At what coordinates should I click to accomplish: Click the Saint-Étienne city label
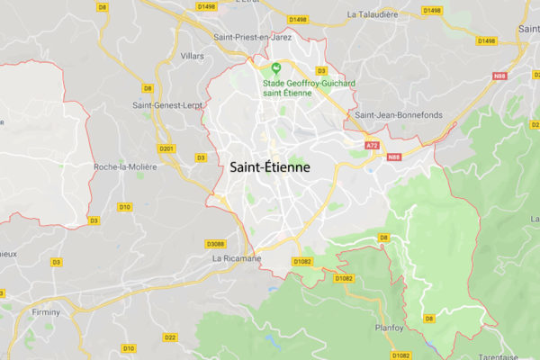pos(270,167)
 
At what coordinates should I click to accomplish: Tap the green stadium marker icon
pos(277,68)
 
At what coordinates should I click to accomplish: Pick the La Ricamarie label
pos(236,258)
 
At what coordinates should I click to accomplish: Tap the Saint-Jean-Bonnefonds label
pos(398,114)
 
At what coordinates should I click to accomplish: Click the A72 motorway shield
pos(373,144)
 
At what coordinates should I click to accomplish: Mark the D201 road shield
pos(166,148)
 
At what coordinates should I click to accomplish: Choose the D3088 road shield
pos(215,244)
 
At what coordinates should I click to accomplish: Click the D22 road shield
pos(170,337)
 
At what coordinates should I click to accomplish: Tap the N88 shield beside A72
pos(393,157)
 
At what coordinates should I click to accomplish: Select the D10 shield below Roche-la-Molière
pos(124,207)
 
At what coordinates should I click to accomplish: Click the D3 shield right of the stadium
pos(321,70)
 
